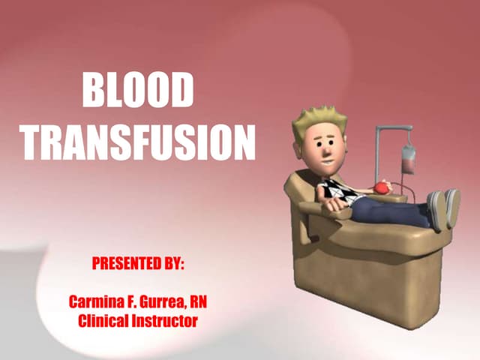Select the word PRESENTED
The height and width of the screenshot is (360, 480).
tap(121, 265)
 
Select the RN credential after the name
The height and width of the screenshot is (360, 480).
tap(199, 302)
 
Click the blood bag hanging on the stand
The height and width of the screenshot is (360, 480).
tap(408, 158)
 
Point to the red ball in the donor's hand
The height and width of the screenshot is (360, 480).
tap(382, 187)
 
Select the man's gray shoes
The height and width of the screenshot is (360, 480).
tap(442, 207)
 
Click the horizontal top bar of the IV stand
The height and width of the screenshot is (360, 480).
tap(393, 128)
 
